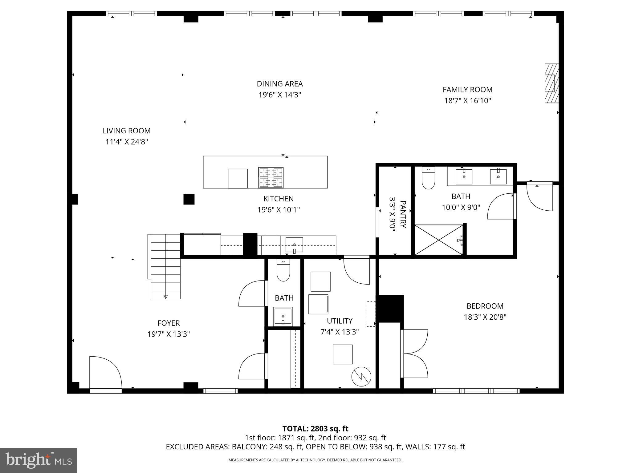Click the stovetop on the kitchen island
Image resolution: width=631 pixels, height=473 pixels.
(271, 177)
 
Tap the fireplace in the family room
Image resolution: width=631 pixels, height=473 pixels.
(551, 83)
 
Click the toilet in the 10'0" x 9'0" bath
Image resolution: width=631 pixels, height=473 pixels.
(428, 179)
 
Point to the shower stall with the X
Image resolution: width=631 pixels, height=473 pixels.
(438, 240)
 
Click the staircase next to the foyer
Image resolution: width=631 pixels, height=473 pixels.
(165, 266)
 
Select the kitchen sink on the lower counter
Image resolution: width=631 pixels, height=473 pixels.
(294, 245)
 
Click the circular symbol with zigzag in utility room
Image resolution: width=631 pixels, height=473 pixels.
(361, 376)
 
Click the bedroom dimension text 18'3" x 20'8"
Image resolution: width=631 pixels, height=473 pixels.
(485, 317)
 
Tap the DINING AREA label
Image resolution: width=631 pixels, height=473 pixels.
(280, 84)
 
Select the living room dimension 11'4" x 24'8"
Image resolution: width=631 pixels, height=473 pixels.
(127, 142)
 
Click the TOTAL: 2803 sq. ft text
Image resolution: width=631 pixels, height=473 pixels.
(315, 429)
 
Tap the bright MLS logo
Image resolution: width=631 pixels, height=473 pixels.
(39, 460)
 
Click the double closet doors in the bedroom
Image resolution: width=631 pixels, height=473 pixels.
(414, 354)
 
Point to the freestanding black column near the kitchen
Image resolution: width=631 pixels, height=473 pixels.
(189, 199)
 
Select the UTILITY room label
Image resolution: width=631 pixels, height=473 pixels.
(340, 321)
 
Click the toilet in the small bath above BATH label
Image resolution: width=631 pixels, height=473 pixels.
(283, 271)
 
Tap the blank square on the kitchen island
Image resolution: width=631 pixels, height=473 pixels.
(238, 178)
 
